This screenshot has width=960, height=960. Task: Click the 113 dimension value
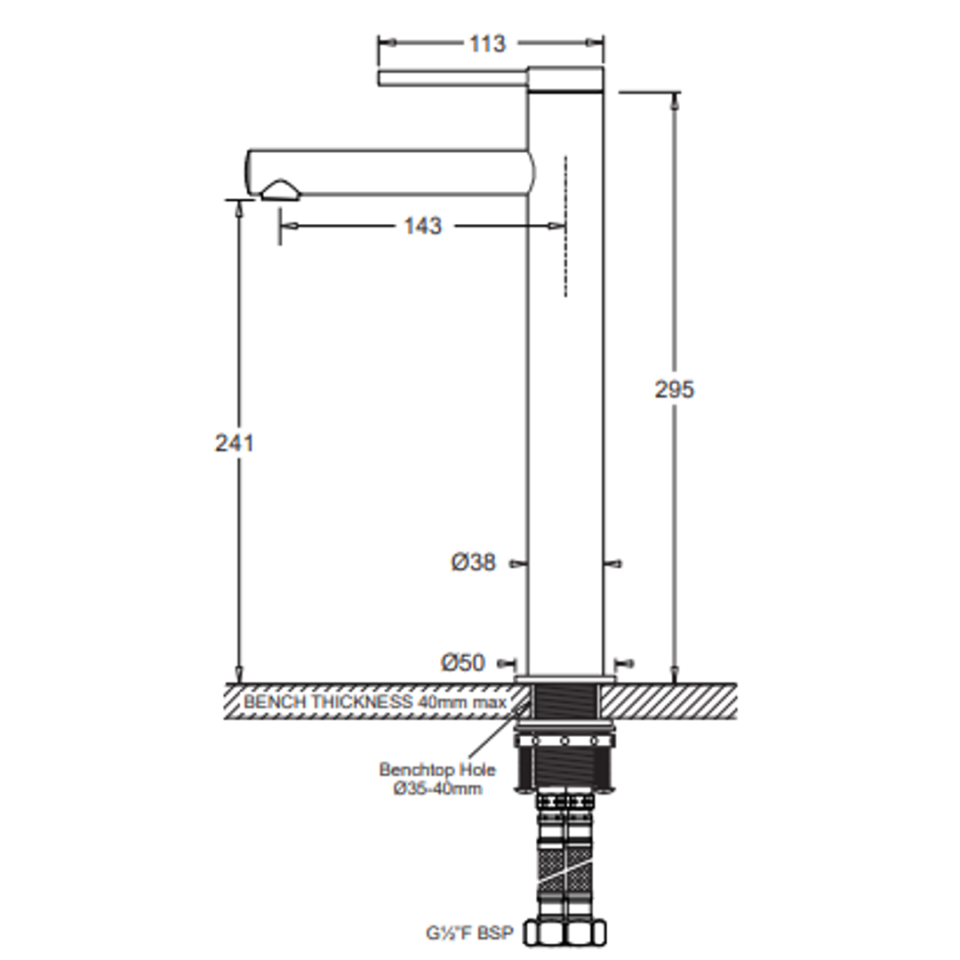(487, 44)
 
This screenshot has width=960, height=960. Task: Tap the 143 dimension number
(422, 226)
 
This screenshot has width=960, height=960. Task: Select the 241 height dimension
(234, 443)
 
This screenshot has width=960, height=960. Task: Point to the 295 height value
(674, 389)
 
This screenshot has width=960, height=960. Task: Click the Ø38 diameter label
(473, 562)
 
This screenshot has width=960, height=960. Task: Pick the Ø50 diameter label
(463, 662)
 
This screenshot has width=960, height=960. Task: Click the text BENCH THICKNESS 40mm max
(375, 701)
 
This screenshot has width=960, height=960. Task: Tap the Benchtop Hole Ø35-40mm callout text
(437, 778)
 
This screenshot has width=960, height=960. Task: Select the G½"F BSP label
(469, 932)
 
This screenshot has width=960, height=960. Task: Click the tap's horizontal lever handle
(453, 78)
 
